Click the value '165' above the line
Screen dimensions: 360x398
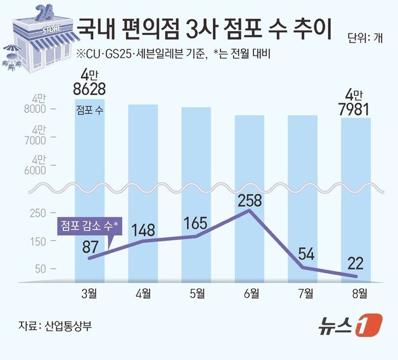coord(196,223)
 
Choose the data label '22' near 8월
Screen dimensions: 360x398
coord(357,261)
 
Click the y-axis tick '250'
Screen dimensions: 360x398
coord(38,212)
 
